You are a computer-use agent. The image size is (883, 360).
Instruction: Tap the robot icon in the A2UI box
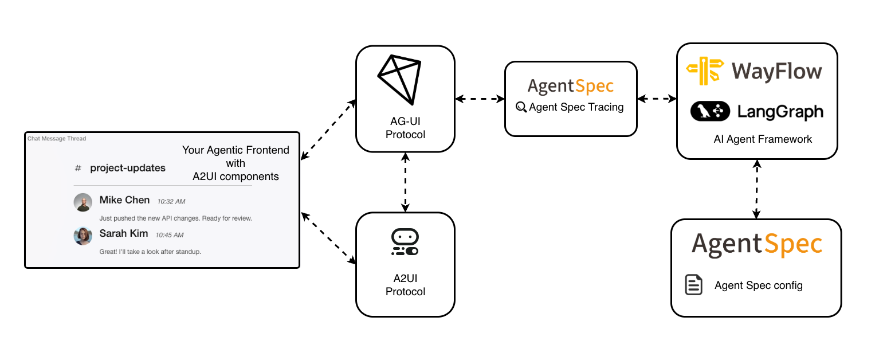tap(405, 242)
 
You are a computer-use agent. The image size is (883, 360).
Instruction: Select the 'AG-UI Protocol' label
tap(405, 129)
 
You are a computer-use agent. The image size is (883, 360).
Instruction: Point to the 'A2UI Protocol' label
tap(405, 285)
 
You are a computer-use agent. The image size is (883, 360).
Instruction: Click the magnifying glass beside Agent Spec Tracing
tap(521, 107)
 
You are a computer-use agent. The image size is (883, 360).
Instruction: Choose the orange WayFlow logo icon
tap(704, 72)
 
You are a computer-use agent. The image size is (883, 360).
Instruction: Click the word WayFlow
tap(776, 72)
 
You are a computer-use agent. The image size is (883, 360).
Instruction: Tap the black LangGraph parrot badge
tap(710, 111)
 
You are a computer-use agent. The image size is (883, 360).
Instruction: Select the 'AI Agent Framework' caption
tap(763, 139)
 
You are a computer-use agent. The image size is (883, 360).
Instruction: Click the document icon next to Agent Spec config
tap(694, 285)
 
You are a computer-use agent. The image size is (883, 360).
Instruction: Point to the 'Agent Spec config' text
tap(759, 285)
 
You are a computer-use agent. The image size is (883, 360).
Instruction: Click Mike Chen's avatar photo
tap(83, 202)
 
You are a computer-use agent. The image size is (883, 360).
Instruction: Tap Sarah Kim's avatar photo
tap(83, 236)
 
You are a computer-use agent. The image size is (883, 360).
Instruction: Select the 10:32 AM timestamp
tap(171, 202)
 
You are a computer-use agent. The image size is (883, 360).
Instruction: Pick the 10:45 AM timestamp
tap(170, 235)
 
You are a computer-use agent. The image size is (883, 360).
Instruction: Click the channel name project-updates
tap(128, 168)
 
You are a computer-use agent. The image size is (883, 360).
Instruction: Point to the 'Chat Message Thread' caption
tap(57, 138)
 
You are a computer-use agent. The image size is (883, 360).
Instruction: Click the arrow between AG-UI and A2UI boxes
tap(405, 182)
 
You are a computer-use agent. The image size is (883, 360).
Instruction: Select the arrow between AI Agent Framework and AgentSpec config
tap(756, 189)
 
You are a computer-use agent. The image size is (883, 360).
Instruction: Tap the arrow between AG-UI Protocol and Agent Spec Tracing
tap(480, 99)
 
